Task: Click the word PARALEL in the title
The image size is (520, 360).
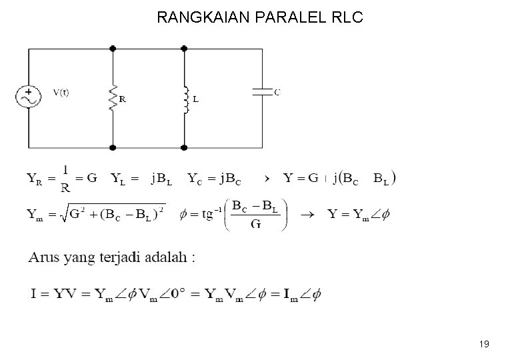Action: click(285, 17)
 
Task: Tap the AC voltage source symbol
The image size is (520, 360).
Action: click(29, 97)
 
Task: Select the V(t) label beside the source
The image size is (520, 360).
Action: click(61, 93)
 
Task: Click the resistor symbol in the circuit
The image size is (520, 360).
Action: click(113, 97)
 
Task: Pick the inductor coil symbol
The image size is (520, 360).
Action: click(185, 97)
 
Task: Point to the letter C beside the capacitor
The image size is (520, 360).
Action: click(277, 93)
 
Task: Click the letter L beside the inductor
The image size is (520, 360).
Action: click(195, 99)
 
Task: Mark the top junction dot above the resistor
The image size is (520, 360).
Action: click(113, 48)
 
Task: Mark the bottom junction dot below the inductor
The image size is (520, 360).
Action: click(185, 147)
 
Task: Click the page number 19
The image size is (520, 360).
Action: click(484, 344)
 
